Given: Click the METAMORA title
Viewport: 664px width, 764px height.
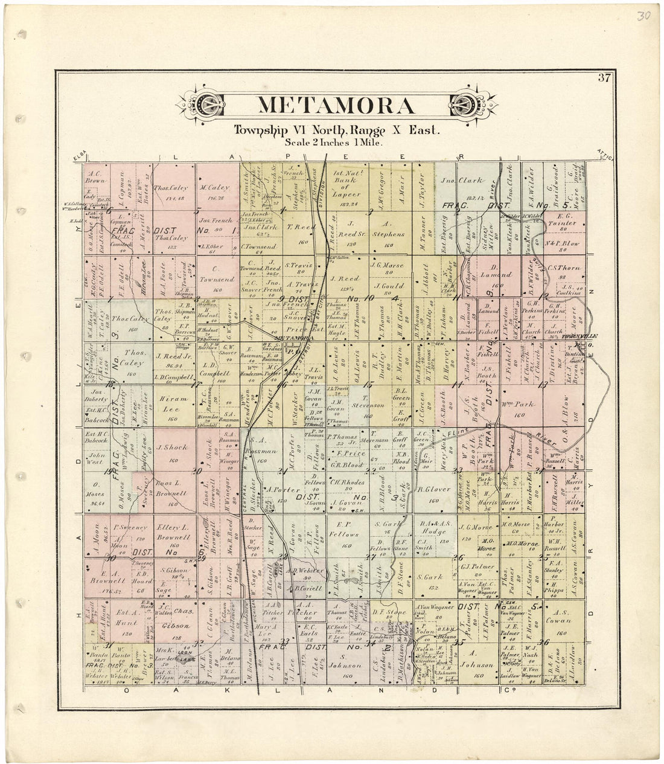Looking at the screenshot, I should tap(336, 105).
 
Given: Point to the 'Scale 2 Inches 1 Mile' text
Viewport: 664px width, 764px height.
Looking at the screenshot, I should tap(337, 143).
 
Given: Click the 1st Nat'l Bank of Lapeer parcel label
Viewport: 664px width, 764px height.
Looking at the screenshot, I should tap(346, 185).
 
